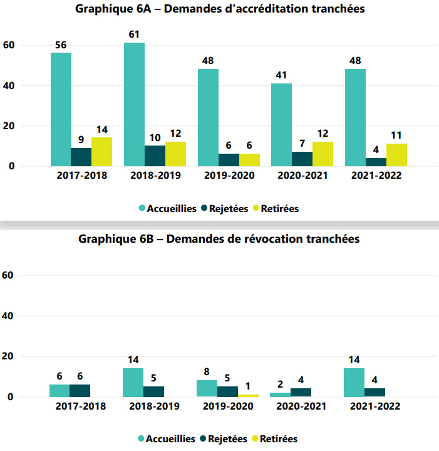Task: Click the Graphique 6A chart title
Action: (220, 9)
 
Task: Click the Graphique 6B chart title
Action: (219, 239)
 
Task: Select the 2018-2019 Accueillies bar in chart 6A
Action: (134, 104)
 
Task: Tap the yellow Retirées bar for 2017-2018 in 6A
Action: (101, 152)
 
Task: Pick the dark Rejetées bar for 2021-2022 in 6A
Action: (376, 162)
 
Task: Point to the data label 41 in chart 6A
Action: (281, 75)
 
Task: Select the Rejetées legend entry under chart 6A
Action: (226, 209)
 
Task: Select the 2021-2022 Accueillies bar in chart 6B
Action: (354, 383)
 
